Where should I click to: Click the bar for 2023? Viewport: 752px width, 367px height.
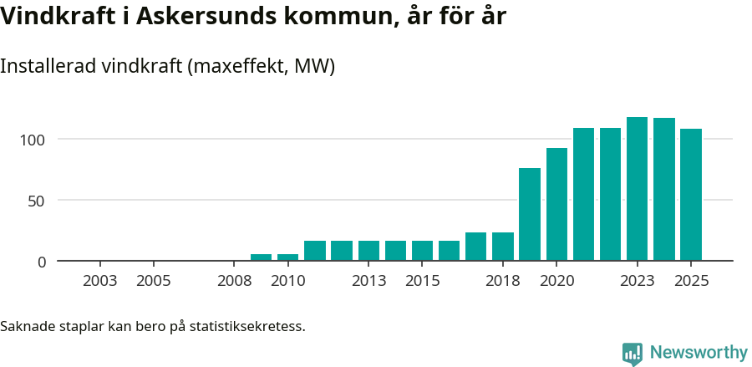click(637, 189)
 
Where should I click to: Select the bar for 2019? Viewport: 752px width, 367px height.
click(530, 215)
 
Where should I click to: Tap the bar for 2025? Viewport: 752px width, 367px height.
click(691, 195)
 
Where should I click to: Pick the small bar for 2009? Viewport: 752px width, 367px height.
click(262, 257)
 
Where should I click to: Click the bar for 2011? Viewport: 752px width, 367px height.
click(315, 251)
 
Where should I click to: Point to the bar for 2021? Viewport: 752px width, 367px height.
click(583, 195)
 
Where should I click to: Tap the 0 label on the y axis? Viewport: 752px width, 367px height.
click(42, 262)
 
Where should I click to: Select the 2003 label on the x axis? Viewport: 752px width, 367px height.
click(100, 281)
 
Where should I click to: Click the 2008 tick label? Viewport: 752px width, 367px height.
click(235, 281)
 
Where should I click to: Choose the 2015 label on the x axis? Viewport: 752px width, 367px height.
click(423, 281)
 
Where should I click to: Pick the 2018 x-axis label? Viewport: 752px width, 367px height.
click(503, 281)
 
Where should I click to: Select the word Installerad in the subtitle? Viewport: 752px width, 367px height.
click(48, 66)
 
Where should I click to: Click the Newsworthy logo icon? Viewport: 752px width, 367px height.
click(633, 353)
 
